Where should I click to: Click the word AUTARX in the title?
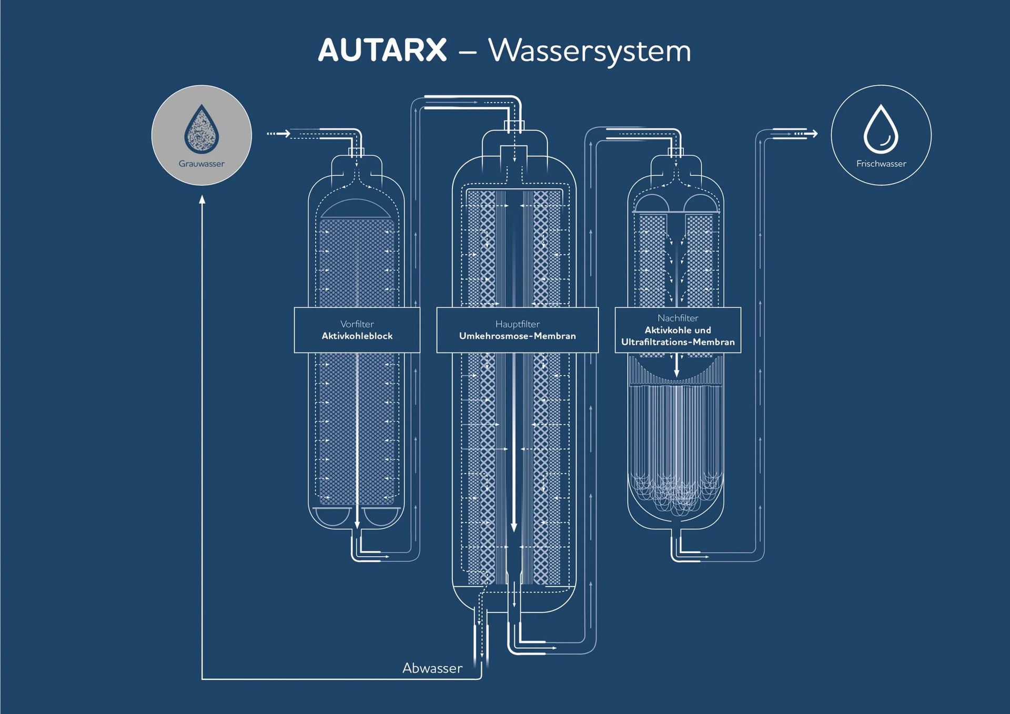382,51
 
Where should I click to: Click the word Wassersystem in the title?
589,51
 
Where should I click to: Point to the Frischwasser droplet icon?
881,129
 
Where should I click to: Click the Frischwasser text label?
881,164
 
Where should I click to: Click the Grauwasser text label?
201,164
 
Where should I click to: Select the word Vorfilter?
357,324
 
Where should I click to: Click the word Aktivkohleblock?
357,336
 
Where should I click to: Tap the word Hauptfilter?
517,324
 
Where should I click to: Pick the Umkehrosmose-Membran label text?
517,336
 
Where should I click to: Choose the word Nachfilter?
678,318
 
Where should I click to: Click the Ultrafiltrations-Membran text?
678,342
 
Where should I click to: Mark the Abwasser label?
432,668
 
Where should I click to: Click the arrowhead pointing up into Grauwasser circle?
202,199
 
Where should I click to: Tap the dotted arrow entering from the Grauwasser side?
279,134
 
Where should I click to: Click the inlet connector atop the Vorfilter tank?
356,153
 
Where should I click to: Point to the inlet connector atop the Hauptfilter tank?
514,126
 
